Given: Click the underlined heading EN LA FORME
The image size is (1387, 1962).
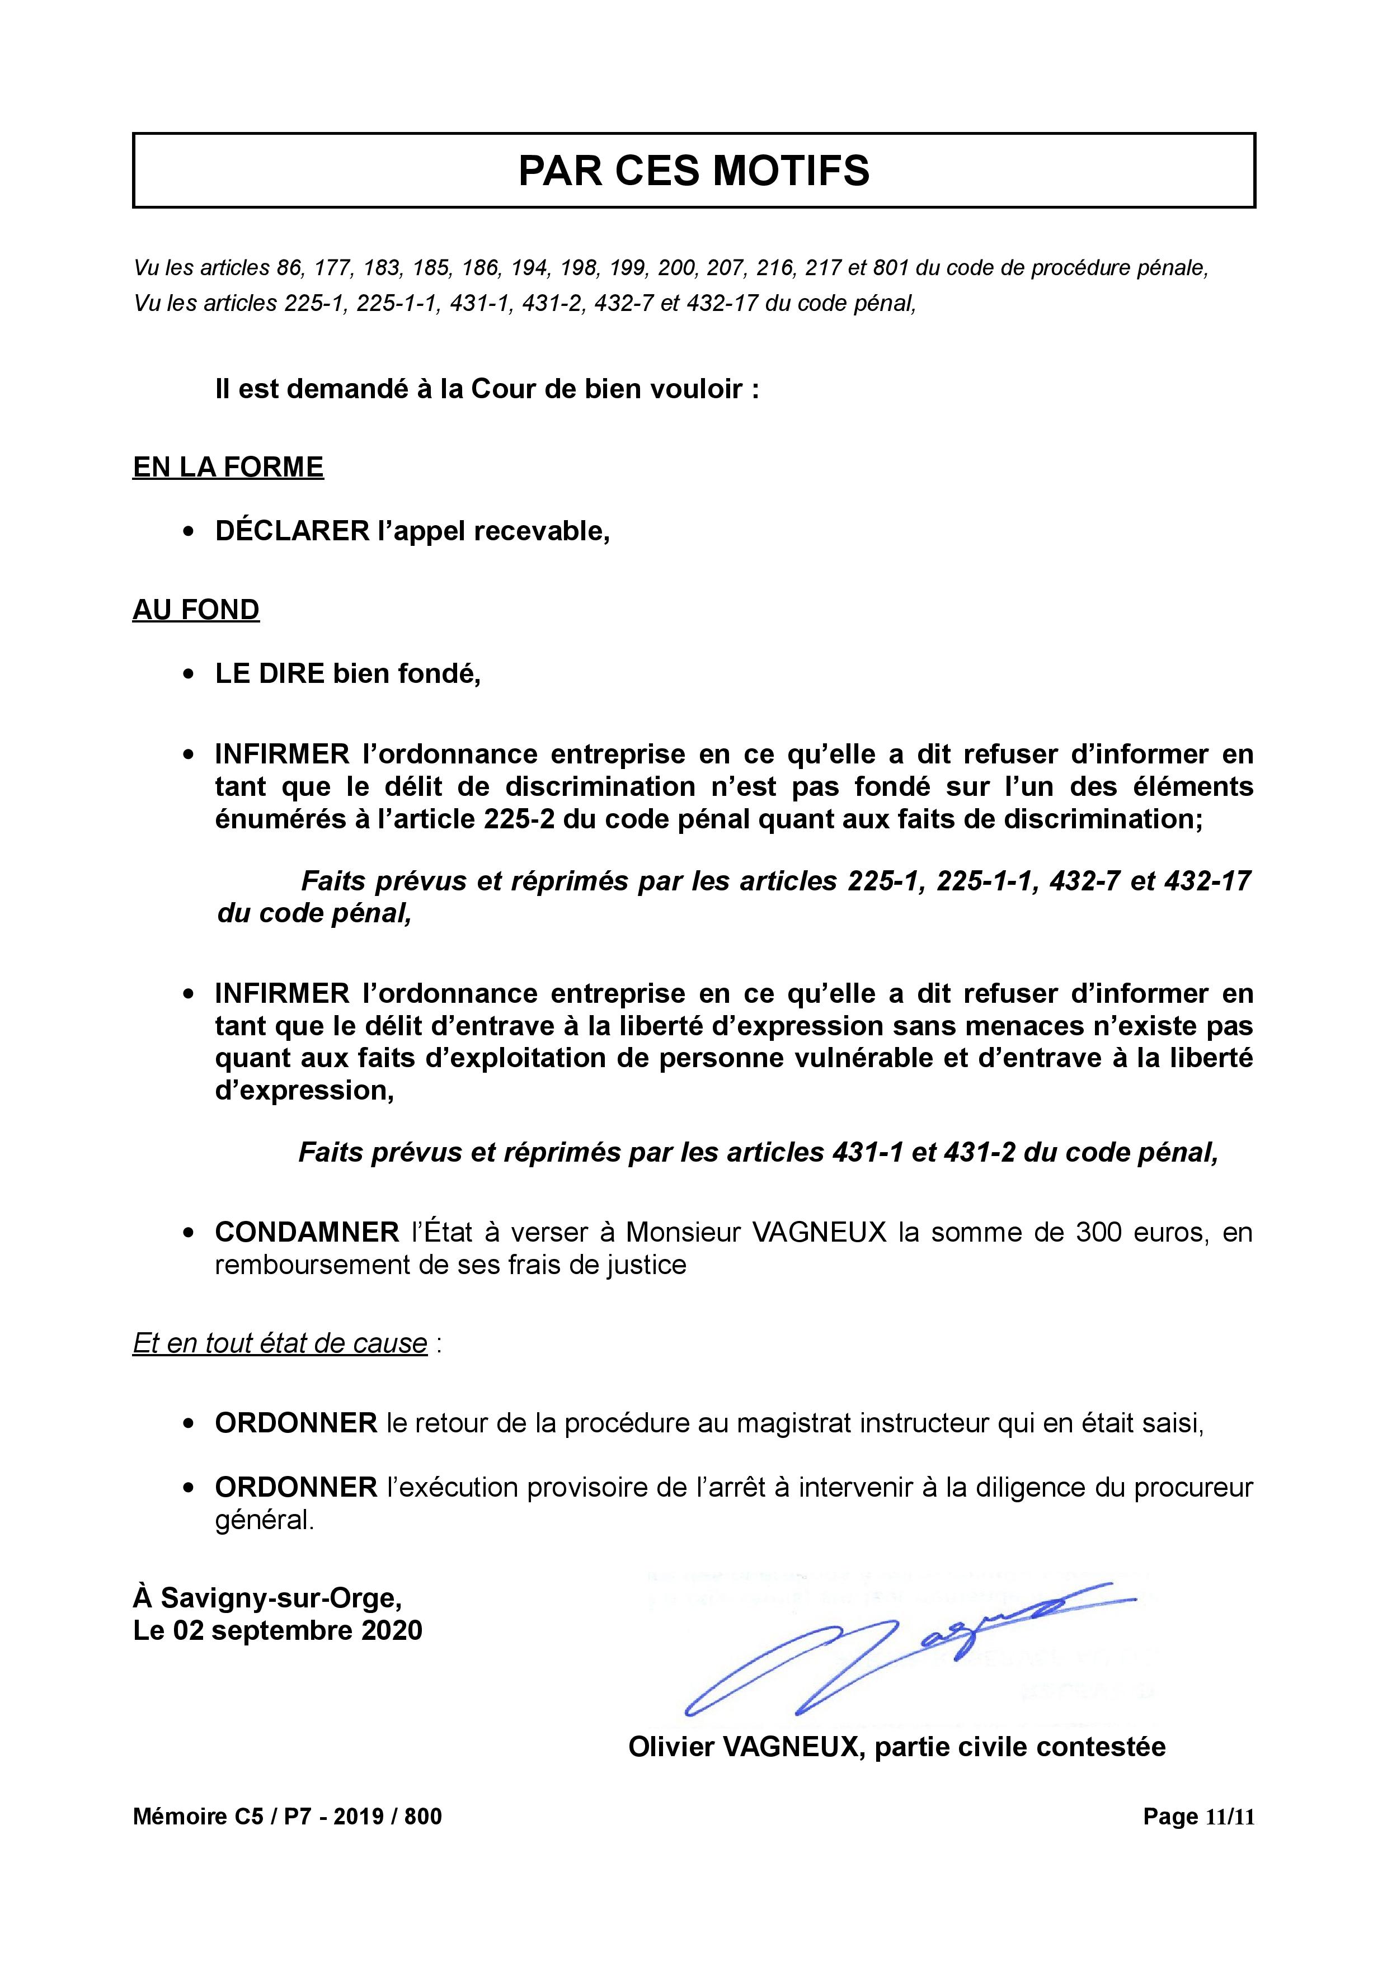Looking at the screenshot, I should [228, 468].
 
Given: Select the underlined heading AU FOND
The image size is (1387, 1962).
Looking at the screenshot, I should [196, 610].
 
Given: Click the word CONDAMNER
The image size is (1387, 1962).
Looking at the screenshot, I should [307, 1232].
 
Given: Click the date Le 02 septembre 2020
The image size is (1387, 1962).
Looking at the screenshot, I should [278, 1630].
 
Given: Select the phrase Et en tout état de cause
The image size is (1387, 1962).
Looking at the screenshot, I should [279, 1343].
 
